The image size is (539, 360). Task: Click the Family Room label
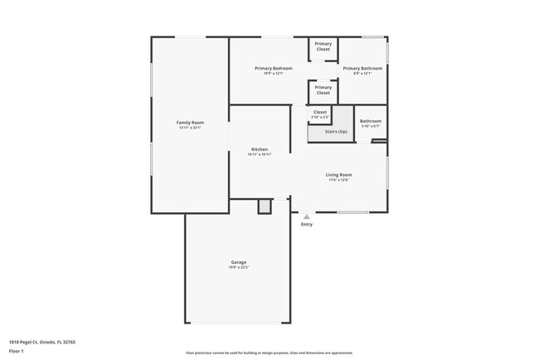(x=190, y=123)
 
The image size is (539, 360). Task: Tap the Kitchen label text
(x=260, y=149)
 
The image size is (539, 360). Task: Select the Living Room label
(x=338, y=174)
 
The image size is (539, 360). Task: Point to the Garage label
(x=239, y=262)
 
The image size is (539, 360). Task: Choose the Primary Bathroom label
(x=362, y=68)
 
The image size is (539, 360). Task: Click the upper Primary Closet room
(x=323, y=46)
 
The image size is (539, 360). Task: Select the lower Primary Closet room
(x=323, y=90)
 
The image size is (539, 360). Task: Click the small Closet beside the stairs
(x=320, y=114)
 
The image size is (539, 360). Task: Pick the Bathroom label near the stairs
(x=370, y=121)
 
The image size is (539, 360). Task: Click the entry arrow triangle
(x=307, y=216)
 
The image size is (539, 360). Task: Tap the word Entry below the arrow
(x=307, y=224)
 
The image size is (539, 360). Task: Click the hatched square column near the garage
(x=265, y=206)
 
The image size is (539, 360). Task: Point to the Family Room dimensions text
(x=190, y=128)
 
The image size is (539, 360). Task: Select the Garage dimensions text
(x=239, y=267)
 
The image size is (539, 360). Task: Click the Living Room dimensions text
(x=338, y=180)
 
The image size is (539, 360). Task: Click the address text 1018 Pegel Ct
(x=41, y=341)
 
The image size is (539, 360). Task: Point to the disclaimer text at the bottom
(x=269, y=353)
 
